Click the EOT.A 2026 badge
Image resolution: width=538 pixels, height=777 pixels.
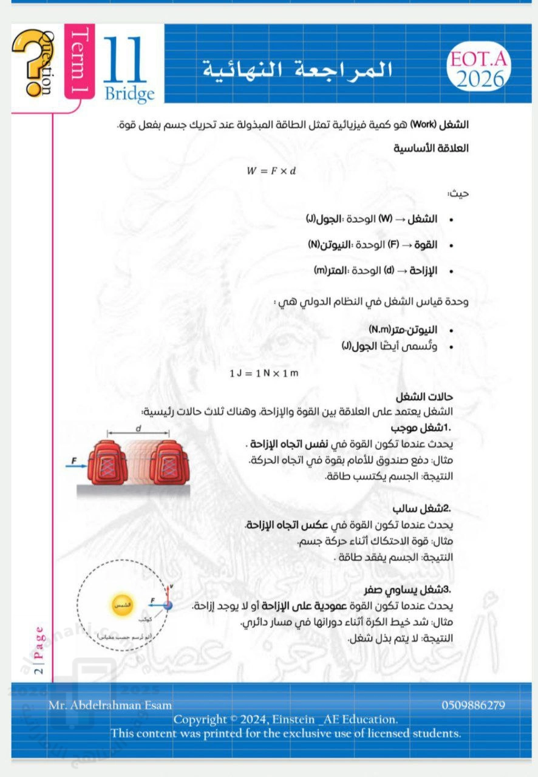tap(477, 69)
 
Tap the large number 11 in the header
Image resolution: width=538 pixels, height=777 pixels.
tap(125, 61)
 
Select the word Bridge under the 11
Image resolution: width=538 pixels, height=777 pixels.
tap(129, 94)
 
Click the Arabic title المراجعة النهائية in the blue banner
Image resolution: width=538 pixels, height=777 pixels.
tap(297, 69)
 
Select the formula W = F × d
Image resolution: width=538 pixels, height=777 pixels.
tap(271, 171)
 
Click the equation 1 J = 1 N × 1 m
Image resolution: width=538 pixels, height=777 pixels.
tap(264, 373)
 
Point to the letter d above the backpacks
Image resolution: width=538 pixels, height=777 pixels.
tap(138, 428)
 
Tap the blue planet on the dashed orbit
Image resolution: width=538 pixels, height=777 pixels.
tap(168, 605)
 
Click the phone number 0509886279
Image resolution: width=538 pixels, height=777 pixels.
tap(473, 705)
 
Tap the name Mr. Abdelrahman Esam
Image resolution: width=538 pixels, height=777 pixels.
tap(110, 705)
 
